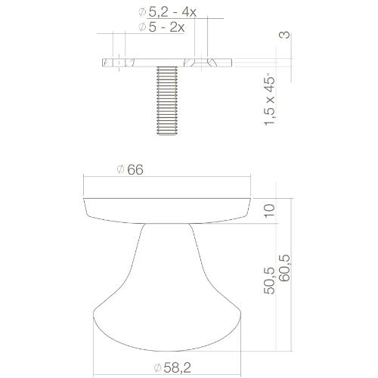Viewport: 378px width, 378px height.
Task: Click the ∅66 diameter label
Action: [131, 170]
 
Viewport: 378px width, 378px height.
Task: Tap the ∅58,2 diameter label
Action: [172, 367]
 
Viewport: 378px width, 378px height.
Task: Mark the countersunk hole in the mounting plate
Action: [202, 61]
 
